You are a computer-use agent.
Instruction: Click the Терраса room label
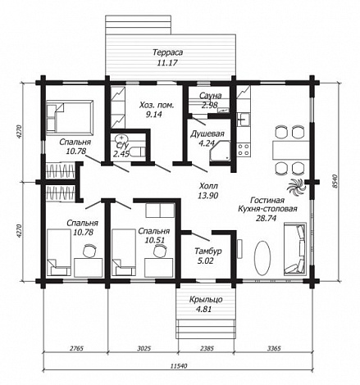click(x=167, y=52)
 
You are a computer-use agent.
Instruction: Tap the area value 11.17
click(x=167, y=63)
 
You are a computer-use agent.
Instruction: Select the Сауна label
click(x=210, y=96)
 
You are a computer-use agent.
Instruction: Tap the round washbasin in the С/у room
click(x=120, y=138)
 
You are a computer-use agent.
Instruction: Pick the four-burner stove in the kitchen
click(x=244, y=150)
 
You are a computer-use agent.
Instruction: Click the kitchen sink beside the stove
click(x=244, y=120)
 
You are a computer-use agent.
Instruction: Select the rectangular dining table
click(x=290, y=150)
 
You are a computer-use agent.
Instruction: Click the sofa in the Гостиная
click(x=295, y=249)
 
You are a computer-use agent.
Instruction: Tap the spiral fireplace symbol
click(x=296, y=187)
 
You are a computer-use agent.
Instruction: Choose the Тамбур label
click(x=208, y=251)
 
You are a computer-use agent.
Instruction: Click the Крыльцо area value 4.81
click(x=204, y=310)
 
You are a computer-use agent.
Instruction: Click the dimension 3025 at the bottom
click(x=143, y=348)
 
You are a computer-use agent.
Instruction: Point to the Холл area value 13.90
click(x=207, y=196)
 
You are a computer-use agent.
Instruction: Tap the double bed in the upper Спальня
click(x=70, y=118)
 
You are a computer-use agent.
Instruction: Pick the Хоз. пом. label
click(x=157, y=105)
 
